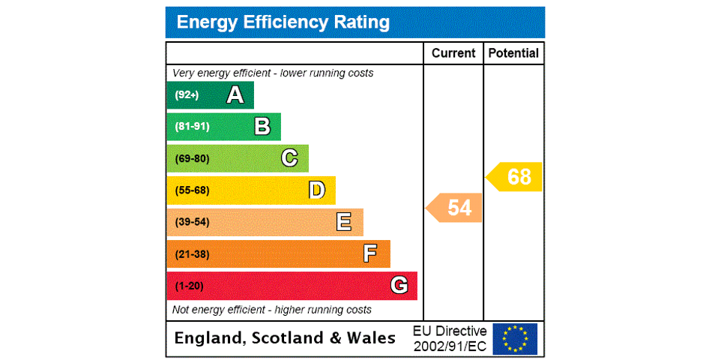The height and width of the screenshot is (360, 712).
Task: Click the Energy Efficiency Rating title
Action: tap(283, 22)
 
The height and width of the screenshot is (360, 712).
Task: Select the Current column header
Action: tap(453, 53)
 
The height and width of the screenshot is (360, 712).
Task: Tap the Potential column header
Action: tap(513, 53)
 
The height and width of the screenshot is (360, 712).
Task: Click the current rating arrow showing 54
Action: tap(456, 208)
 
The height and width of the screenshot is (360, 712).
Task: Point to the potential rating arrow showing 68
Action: tap(516, 177)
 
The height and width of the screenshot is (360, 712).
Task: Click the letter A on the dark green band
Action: tap(235, 95)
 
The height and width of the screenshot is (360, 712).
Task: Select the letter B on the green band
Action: tap(262, 127)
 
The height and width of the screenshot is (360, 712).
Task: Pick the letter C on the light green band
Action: tap(289, 158)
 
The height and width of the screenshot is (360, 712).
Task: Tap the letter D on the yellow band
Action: tap(317, 190)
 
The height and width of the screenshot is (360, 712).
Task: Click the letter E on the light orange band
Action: tap(344, 222)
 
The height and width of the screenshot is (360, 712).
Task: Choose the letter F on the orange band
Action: tap(370, 254)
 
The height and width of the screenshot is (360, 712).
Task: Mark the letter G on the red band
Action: tap(399, 286)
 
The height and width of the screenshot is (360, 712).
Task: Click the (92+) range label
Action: tap(187, 95)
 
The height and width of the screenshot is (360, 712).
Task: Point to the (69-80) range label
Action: tap(192, 159)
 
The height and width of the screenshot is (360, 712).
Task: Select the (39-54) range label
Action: tap(192, 222)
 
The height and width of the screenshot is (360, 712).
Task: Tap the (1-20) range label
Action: tap(189, 286)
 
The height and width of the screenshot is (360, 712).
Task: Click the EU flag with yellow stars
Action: tap(515, 338)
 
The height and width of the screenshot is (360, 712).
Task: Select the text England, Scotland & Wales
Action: tap(285, 338)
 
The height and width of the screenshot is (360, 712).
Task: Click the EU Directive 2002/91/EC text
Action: tap(450, 338)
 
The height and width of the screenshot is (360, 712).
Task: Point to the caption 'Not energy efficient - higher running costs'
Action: tap(272, 310)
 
